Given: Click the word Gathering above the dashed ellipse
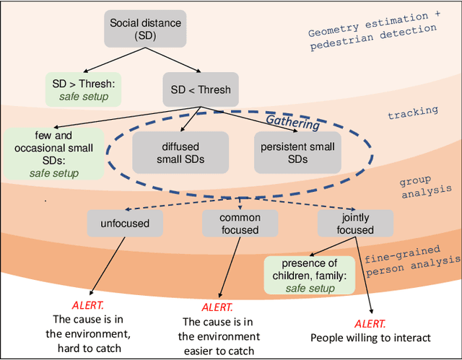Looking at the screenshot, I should click(x=293, y=123).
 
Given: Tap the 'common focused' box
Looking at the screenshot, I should click(x=240, y=223).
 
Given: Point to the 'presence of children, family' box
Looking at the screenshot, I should click(x=309, y=275).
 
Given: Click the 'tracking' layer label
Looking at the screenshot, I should click(x=413, y=111).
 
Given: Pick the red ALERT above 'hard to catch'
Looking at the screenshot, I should click(x=87, y=305).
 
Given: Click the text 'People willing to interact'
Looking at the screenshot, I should click(x=370, y=337).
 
